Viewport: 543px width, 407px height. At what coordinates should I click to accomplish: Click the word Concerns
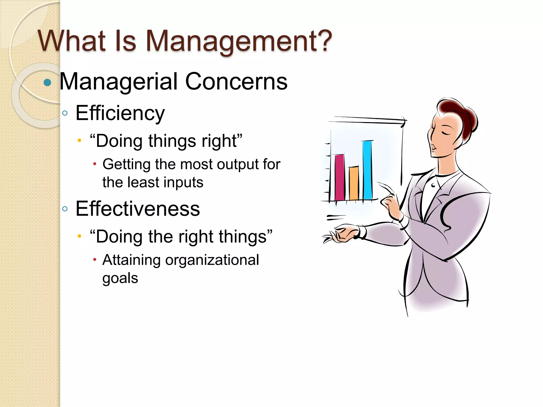point(236,82)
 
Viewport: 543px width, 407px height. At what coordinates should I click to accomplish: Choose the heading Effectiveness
point(138,209)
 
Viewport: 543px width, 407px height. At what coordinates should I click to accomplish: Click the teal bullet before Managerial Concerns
point(47,82)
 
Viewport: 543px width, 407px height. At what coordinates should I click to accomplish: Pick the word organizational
point(212,260)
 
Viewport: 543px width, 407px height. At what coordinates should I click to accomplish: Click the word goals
point(120,278)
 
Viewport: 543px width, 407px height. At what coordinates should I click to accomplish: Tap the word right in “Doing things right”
point(219,141)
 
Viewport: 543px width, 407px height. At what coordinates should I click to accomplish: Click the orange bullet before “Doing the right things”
point(79,236)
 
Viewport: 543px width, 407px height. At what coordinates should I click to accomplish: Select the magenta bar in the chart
point(340,178)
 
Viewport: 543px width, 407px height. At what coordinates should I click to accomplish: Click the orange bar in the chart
point(354,183)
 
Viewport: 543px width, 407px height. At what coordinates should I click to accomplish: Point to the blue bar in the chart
point(367,170)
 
